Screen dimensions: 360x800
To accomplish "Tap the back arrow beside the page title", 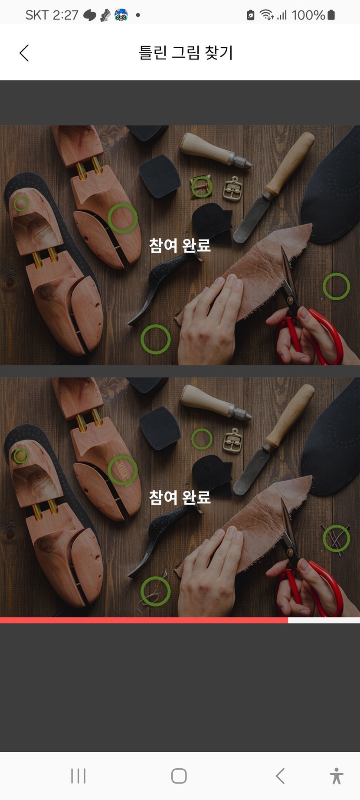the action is [24, 53].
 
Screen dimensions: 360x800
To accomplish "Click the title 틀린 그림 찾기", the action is [186, 52].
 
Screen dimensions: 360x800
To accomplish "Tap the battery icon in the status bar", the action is [331, 15].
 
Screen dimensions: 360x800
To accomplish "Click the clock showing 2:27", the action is [65, 15].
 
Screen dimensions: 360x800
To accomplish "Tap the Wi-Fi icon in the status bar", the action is [266, 15].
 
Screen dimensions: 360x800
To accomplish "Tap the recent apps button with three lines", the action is [78, 776].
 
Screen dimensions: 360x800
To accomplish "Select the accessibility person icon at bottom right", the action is [336, 776].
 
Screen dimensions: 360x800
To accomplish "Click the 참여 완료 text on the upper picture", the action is [180, 245].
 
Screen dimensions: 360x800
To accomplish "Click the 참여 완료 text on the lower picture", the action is [180, 497].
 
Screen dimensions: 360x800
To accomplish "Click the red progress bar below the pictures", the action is [144, 620].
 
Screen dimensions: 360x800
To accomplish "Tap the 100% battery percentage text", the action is [308, 15].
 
